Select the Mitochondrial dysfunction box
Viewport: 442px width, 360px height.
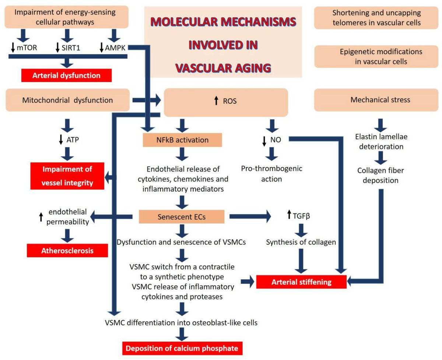(67, 100)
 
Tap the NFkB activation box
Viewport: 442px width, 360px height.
(182, 140)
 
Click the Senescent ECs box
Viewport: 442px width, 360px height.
(182, 217)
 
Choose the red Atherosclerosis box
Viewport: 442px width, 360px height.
(67, 251)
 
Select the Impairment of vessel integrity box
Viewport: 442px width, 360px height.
(67, 176)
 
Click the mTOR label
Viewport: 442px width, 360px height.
(27, 47)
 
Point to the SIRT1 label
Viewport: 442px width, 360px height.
(70, 47)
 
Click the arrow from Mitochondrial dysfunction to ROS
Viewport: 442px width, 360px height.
(146, 100)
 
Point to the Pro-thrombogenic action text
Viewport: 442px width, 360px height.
(271, 174)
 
